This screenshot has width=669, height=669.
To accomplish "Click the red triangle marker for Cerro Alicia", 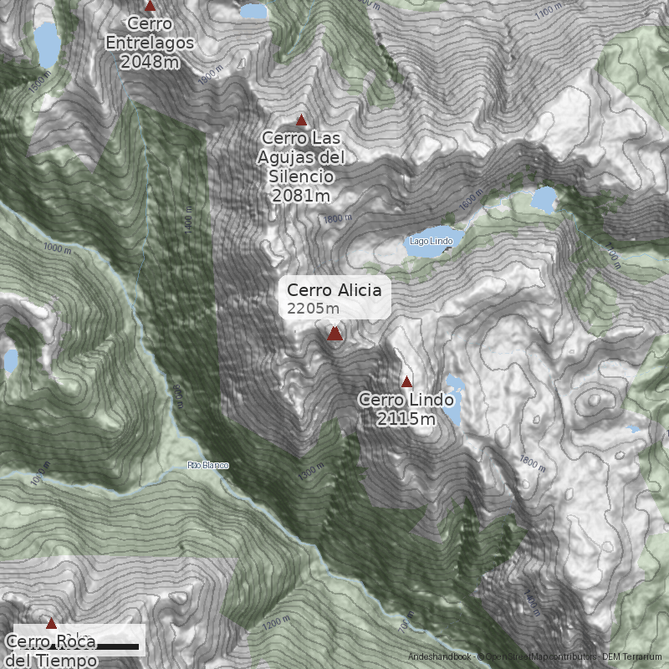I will point(334,334).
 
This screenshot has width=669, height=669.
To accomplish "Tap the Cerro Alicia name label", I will point(334,290).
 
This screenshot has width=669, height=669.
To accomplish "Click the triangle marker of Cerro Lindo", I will point(407,382).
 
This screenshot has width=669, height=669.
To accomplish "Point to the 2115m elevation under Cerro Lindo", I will point(406,419).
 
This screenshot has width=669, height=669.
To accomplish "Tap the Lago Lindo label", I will point(431,242).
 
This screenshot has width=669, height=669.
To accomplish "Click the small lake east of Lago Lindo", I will point(544,199).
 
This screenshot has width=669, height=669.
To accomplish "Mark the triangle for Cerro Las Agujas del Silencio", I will point(302,120).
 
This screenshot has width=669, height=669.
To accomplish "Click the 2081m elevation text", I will point(301,195).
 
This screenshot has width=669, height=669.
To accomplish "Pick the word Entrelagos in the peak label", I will point(150,43).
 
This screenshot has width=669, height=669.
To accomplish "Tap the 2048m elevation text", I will point(150,61).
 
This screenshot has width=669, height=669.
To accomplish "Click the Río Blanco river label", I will point(207,465).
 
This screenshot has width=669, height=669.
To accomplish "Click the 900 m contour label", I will point(178,393).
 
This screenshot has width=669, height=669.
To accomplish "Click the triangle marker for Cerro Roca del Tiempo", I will point(51,624).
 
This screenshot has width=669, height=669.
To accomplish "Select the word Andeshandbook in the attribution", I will point(440,656).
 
